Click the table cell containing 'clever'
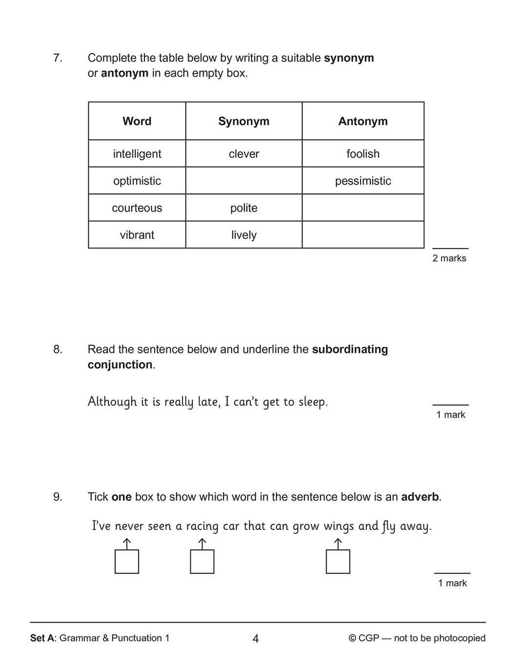pos(244,154)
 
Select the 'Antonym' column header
pos(363,121)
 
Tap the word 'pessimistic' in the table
pos(363,181)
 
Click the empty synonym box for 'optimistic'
pos(244,181)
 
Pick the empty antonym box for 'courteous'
pos(363,208)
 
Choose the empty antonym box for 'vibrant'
pos(363,235)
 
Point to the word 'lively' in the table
pos(244,235)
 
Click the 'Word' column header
pos(137,121)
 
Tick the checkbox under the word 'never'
pos(127,562)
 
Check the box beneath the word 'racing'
pos(202,562)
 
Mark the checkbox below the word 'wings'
pos(338,562)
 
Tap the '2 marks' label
pos(449,258)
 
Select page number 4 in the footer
pos(256,639)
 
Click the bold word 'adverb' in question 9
pos(420,497)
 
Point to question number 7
pos(58,58)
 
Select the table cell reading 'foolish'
pos(363,154)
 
